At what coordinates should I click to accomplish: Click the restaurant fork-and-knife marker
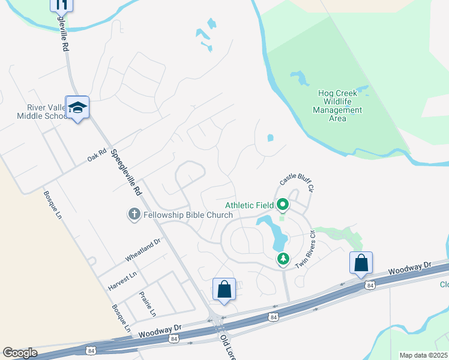click(61, 4)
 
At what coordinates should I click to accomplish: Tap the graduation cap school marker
click(77, 108)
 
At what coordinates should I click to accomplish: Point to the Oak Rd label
click(97, 155)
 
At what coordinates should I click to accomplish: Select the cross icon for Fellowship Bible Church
click(134, 214)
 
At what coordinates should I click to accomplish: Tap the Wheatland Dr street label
click(143, 250)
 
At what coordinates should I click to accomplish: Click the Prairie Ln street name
click(147, 304)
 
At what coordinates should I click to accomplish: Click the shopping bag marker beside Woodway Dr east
click(361, 263)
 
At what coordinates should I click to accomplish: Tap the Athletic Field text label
click(250, 206)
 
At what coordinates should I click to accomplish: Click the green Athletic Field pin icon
click(282, 206)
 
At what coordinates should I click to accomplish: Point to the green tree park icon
click(282, 259)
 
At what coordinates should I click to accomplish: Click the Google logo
click(20, 353)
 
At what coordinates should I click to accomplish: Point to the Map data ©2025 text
click(424, 355)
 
